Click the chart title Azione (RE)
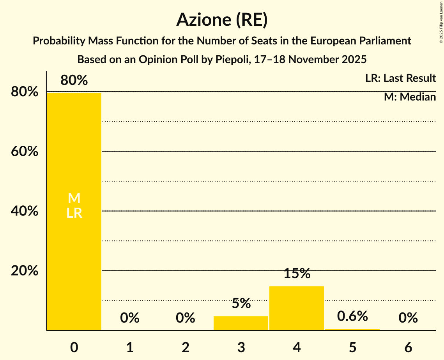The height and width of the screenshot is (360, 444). [x=222, y=20]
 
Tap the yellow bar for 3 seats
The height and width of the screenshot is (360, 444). [x=241, y=323]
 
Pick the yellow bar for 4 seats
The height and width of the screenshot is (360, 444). [x=297, y=308]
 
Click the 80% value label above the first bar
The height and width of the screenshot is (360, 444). [x=74, y=81]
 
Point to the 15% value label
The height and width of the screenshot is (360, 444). [x=297, y=274]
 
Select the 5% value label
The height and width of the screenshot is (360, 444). [x=241, y=303]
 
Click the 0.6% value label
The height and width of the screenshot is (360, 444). [x=352, y=316]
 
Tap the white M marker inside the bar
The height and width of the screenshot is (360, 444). [x=74, y=198]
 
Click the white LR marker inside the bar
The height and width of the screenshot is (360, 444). [x=74, y=213]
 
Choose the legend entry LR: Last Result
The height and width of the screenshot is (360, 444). [x=400, y=78]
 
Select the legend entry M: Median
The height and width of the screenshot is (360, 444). [x=410, y=97]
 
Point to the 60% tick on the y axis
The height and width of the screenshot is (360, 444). [x=25, y=151]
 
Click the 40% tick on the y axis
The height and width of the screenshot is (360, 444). [x=25, y=211]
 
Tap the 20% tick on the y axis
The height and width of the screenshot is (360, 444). [x=25, y=271]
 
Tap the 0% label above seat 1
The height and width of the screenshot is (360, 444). [x=130, y=318]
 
